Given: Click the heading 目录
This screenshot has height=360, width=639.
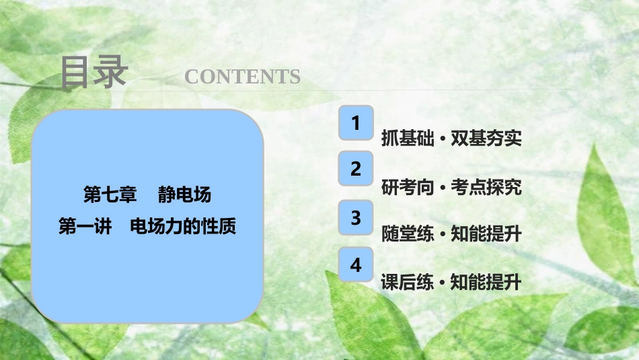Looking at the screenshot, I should click(x=93, y=73).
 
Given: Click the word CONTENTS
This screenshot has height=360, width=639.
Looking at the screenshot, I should click(x=242, y=77).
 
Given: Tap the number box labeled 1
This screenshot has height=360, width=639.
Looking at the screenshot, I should click(x=356, y=122).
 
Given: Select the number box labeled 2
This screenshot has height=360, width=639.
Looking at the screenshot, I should click(x=356, y=170).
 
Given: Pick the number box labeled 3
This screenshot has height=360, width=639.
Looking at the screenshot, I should click(x=356, y=218).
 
